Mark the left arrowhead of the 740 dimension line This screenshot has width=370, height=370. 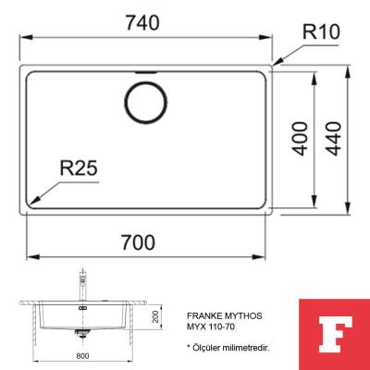22,36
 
